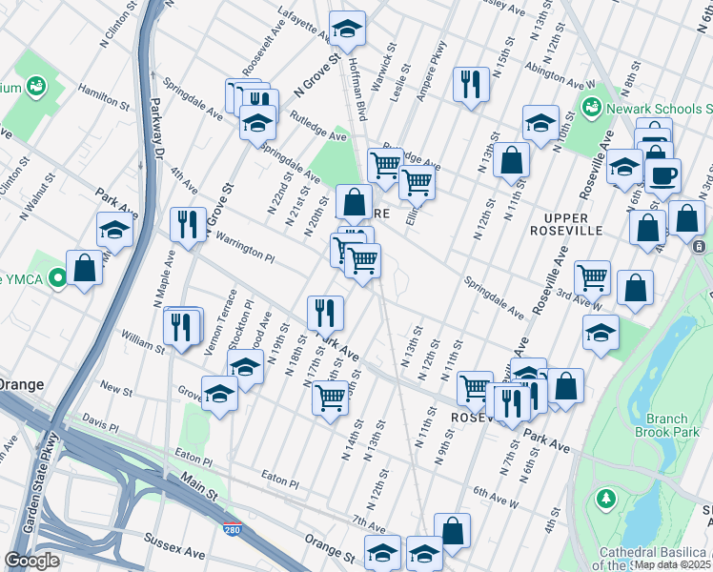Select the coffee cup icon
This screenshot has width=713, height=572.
pos(662,174)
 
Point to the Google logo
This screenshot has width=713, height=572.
pos(31,561)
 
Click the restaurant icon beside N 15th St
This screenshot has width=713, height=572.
pos(470,85)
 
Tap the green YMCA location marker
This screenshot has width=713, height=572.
pos(57,279)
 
